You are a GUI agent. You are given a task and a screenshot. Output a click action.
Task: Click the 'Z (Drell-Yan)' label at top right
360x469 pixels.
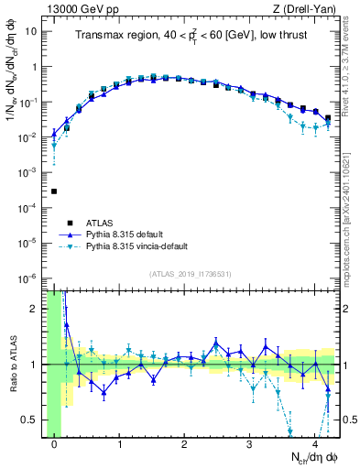tap(306, 8)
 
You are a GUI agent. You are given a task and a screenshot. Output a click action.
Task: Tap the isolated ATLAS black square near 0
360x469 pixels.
tap(54, 191)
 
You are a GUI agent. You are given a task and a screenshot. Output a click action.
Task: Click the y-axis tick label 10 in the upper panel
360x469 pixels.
tap(29, 31)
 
